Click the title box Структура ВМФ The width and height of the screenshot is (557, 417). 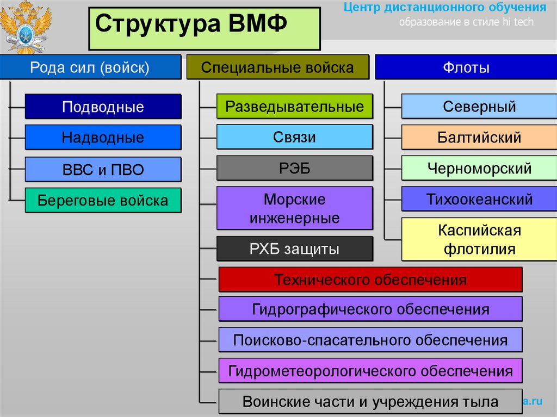(205, 27)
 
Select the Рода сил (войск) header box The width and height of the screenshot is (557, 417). (90, 67)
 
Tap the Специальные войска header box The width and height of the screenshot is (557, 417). (277, 67)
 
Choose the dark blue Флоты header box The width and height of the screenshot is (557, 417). (466, 67)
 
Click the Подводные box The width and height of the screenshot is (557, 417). (103, 107)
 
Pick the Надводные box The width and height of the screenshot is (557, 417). (103, 138)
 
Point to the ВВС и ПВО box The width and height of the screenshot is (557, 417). (103, 170)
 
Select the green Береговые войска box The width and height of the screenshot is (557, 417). (103, 201)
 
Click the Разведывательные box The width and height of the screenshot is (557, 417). (295, 107)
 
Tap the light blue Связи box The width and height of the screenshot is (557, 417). (295, 137)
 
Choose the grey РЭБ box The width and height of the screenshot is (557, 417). (295, 168)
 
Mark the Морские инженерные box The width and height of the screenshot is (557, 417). (295, 209)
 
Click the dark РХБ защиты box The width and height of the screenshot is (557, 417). (295, 249)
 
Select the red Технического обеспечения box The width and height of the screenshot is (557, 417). (370, 280)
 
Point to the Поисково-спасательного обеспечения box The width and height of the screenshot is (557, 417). (370, 340)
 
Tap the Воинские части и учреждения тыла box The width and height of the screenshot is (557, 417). (370, 402)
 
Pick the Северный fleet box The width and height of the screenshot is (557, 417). (479, 107)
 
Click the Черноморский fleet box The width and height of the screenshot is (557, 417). (479, 168)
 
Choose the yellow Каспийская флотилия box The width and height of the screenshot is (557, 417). (479, 240)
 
